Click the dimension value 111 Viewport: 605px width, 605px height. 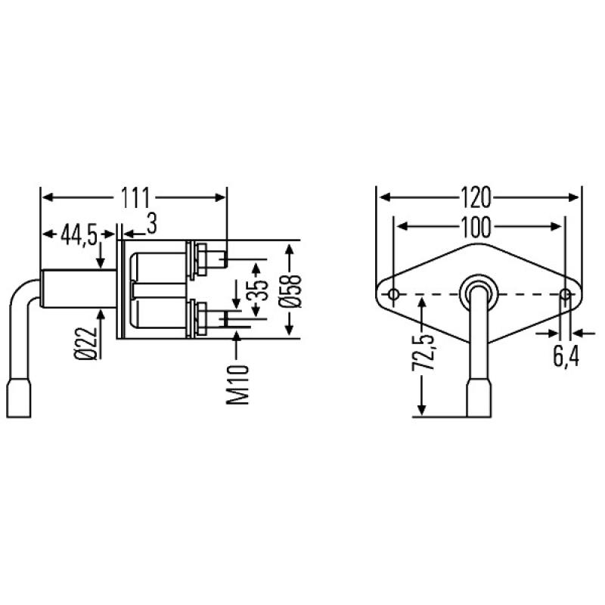pos(135,197)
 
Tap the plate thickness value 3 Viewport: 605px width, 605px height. pos(151,225)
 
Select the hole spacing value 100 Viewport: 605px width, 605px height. pos(479,226)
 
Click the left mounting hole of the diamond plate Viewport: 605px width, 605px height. pos(393,293)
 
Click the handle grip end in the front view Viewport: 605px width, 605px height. pos(479,399)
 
